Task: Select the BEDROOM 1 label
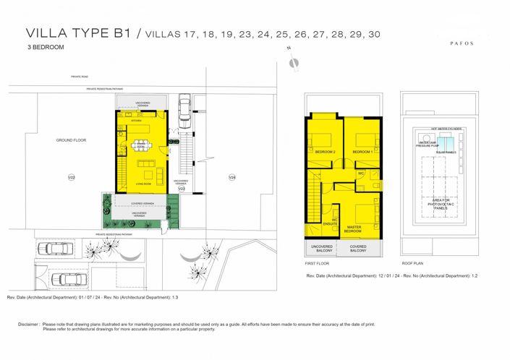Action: tap(362, 152)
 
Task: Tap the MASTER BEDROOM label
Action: tap(354, 229)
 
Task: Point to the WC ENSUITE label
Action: tap(334, 222)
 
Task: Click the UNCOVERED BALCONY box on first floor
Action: tap(321, 249)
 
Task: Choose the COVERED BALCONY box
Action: tap(357, 249)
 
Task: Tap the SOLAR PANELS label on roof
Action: tap(445, 153)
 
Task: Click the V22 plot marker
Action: tap(71, 177)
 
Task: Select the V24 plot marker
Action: tap(231, 177)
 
